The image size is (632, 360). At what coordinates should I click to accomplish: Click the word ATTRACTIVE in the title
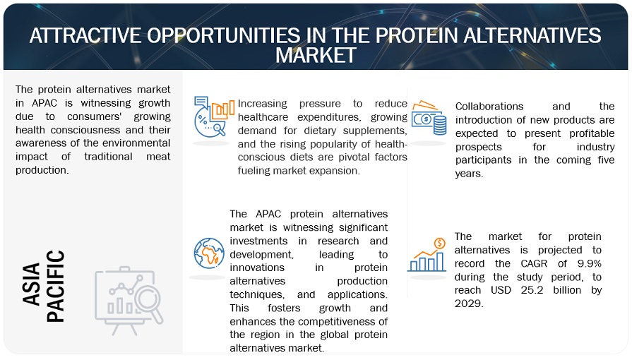point(85,35)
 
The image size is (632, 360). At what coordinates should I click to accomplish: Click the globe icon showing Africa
point(209,252)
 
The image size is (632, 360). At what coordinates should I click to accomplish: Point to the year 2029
point(470,303)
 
